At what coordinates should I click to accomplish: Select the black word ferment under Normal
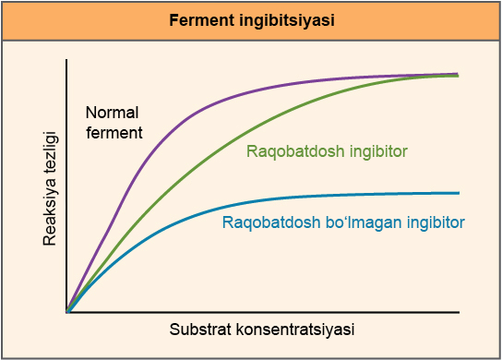point(114,132)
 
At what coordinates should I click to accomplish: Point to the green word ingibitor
point(374,150)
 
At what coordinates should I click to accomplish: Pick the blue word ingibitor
point(429,222)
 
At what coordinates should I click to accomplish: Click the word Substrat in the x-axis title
point(199,330)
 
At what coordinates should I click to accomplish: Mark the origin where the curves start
point(67,313)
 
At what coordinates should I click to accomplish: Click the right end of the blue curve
point(459,193)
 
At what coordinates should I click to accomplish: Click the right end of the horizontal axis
point(460,313)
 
